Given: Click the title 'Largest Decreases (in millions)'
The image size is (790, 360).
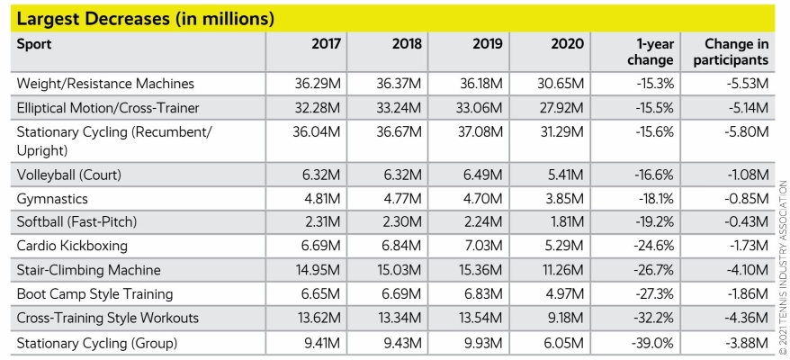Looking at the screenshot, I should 145,17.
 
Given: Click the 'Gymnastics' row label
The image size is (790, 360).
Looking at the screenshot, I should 54,198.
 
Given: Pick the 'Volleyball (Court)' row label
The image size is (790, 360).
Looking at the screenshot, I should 69,174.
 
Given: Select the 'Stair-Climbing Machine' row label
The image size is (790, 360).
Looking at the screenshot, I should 88,268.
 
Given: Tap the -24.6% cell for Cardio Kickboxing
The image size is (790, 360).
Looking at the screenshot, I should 651,245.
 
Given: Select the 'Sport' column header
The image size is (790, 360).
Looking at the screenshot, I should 35,44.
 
